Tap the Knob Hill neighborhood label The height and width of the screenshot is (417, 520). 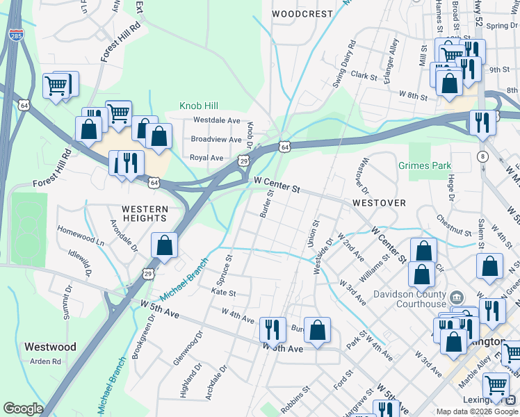click(x=199, y=106)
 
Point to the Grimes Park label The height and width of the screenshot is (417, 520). click(x=425, y=166)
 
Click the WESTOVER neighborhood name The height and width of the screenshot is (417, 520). click(x=379, y=203)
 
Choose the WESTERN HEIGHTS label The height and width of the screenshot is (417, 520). click(x=145, y=214)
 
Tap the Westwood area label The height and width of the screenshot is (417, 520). click(x=50, y=346)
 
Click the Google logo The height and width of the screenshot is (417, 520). click(x=23, y=409)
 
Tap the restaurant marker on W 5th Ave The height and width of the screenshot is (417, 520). click(x=272, y=329)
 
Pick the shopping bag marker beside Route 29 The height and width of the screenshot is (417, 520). click(x=163, y=246)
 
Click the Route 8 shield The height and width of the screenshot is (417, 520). click(x=482, y=158)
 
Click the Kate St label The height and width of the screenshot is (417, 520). click(x=223, y=294)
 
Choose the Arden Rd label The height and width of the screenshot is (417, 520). click(x=46, y=361)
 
